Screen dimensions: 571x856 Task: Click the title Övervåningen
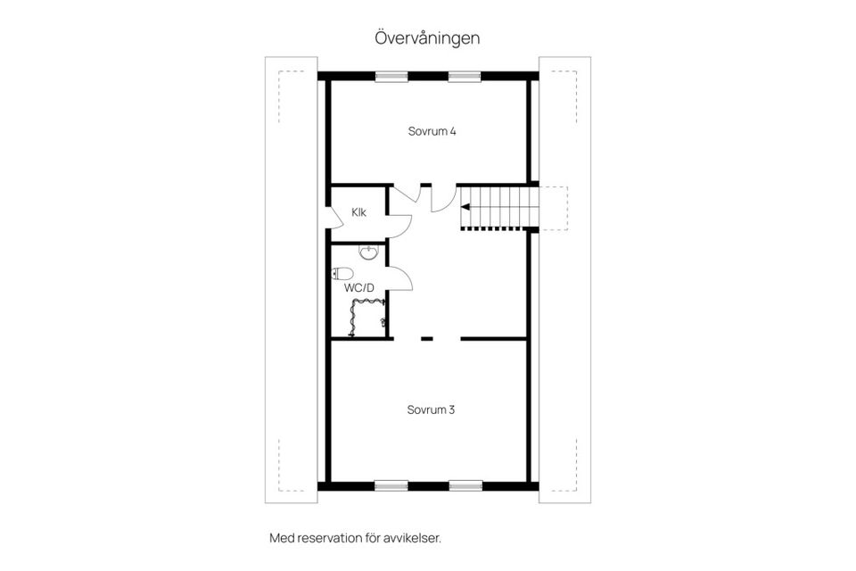427,38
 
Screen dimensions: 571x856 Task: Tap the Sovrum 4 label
432,131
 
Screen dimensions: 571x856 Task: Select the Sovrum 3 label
432,410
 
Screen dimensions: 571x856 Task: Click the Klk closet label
358,212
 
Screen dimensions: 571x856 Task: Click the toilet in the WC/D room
341,274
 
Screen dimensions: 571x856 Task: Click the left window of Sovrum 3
391,486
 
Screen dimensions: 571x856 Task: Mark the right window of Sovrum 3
465,486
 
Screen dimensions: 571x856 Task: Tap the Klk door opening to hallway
399,224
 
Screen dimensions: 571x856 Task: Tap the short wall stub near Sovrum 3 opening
426,338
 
